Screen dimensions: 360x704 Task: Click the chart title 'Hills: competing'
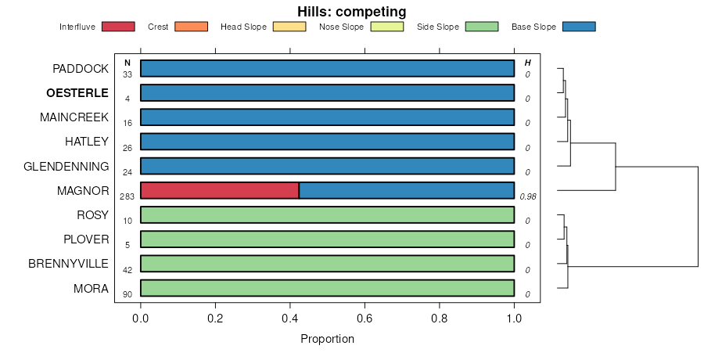pyautogui.click(x=351, y=12)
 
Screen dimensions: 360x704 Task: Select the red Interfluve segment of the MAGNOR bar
pyautogui.click(x=220, y=190)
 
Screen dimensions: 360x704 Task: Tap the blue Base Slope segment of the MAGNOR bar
pyautogui.click(x=407, y=190)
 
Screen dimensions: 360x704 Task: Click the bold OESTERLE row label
pyautogui.click(x=77, y=93)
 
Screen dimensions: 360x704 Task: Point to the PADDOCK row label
pyautogui.click(x=81, y=69)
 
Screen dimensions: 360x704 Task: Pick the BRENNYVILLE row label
pyautogui.click(x=68, y=264)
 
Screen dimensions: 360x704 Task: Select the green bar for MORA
pyautogui.click(x=327, y=288)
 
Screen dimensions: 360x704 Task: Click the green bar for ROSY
pyautogui.click(x=327, y=214)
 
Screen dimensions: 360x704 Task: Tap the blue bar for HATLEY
pyautogui.click(x=327, y=142)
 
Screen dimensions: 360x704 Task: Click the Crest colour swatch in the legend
pyautogui.click(x=190, y=27)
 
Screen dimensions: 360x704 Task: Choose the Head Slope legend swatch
pyautogui.click(x=287, y=27)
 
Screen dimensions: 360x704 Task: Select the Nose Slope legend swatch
pyautogui.click(x=385, y=27)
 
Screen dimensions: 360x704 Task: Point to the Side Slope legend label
pyautogui.click(x=438, y=27)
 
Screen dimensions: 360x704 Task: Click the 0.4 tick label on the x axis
pyautogui.click(x=290, y=319)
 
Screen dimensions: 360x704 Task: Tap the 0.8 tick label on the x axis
pyautogui.click(x=440, y=319)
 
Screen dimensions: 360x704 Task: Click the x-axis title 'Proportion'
pyautogui.click(x=327, y=340)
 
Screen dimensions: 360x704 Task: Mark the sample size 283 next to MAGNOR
pyautogui.click(x=128, y=196)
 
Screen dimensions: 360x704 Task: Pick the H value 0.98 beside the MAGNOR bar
pyautogui.click(x=528, y=196)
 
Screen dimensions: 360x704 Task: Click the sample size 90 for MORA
pyautogui.click(x=128, y=294)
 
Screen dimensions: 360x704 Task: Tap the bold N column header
pyautogui.click(x=128, y=63)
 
